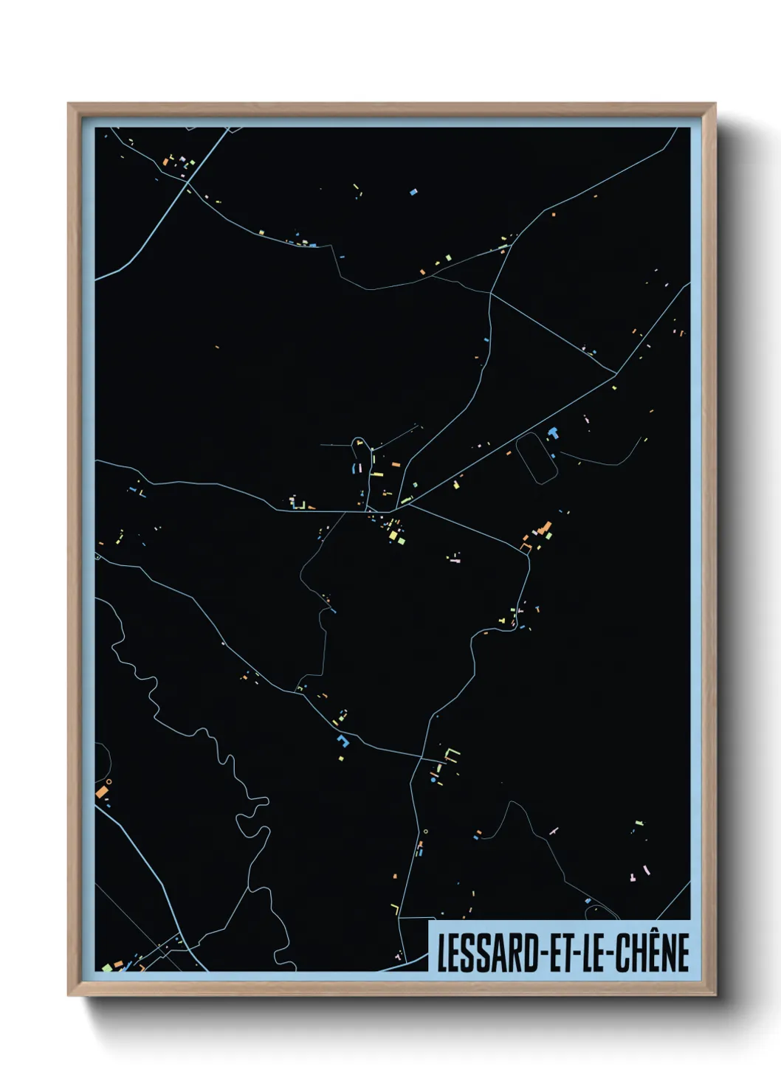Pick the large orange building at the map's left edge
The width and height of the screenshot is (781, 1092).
[x=101, y=792]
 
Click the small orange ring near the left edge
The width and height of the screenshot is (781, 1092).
[x=109, y=781]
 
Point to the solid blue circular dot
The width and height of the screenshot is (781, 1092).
[x=433, y=779]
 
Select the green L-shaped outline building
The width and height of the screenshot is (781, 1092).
[x=451, y=753]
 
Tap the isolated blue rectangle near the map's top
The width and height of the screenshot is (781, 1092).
[x=413, y=193]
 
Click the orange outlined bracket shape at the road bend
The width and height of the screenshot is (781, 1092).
[x=526, y=547]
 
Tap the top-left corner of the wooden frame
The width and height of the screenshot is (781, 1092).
[x=70, y=105]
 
